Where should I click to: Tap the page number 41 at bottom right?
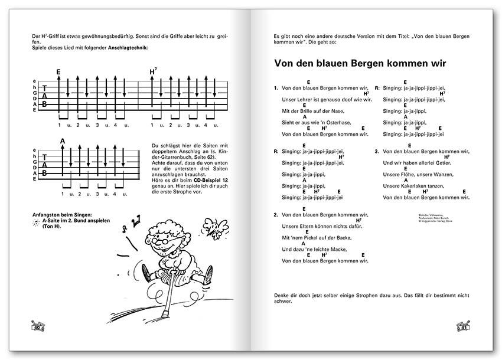point(464,326)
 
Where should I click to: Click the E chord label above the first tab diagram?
point(58,72)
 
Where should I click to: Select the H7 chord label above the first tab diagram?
point(154,71)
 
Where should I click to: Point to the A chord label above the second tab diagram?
point(63,141)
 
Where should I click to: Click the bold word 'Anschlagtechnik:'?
point(128,47)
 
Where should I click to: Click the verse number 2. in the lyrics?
point(276,215)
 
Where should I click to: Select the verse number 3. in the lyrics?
point(376,152)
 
